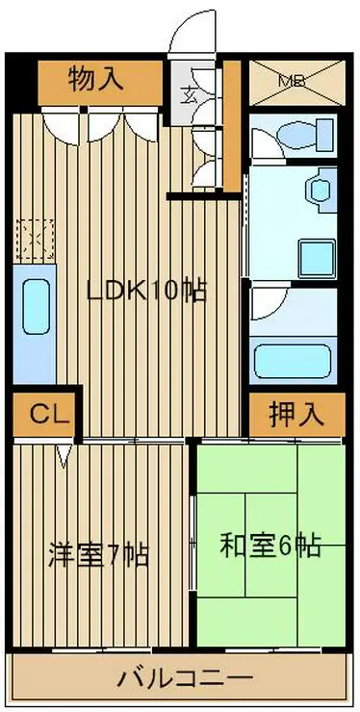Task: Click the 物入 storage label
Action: click(x=96, y=79)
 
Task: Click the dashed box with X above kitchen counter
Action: click(x=35, y=237)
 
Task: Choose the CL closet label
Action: click(x=45, y=415)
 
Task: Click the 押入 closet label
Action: click(x=295, y=415)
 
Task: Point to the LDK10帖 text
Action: click(x=146, y=292)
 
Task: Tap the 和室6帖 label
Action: click(x=270, y=546)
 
